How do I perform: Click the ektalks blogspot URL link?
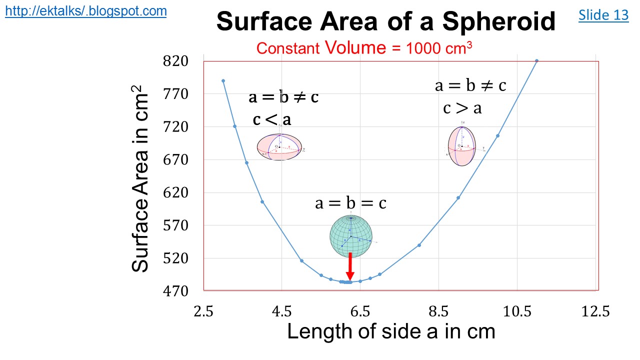coord(85,11)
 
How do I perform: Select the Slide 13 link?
coord(603,15)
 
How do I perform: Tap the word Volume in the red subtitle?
coord(355,48)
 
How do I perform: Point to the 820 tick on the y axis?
coord(175,61)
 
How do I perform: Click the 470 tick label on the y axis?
coord(175,291)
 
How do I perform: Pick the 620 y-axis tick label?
coord(175,192)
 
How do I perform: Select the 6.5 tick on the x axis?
coord(360,311)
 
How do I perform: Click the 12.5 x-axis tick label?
coord(596,311)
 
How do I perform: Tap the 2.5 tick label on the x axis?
coord(203,311)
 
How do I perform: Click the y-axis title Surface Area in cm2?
coord(140,178)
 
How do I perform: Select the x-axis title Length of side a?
coord(391,331)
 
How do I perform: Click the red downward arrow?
coord(350,266)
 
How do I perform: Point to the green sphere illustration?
coord(351,235)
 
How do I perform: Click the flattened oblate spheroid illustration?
coord(280,147)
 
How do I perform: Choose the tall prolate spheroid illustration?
coord(461,146)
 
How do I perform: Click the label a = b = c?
coord(350,203)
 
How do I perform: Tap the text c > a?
coord(462,107)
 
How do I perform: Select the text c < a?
coord(272,119)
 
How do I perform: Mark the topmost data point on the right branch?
coord(536,61)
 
